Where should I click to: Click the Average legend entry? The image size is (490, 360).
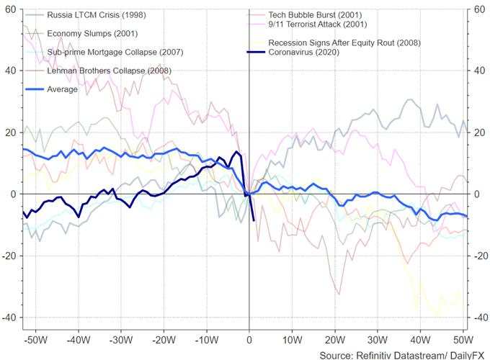click(x=62, y=89)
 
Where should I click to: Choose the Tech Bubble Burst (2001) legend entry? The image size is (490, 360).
click(x=314, y=14)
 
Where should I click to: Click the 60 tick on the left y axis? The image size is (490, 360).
click(x=11, y=9)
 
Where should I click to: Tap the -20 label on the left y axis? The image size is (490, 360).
click(x=9, y=256)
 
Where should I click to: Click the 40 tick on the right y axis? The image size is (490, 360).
click(x=476, y=71)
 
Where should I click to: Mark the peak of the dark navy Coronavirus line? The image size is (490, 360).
click(x=236, y=151)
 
